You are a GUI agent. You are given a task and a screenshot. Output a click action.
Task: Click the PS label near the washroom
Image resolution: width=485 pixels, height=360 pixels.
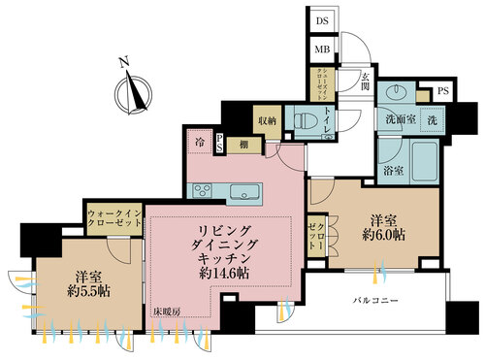pos(443,92)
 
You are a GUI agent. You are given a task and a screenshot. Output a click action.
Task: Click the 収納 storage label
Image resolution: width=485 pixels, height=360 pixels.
pos(266,120)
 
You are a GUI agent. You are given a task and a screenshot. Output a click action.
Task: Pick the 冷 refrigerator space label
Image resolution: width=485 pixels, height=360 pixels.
pos(200,142)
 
